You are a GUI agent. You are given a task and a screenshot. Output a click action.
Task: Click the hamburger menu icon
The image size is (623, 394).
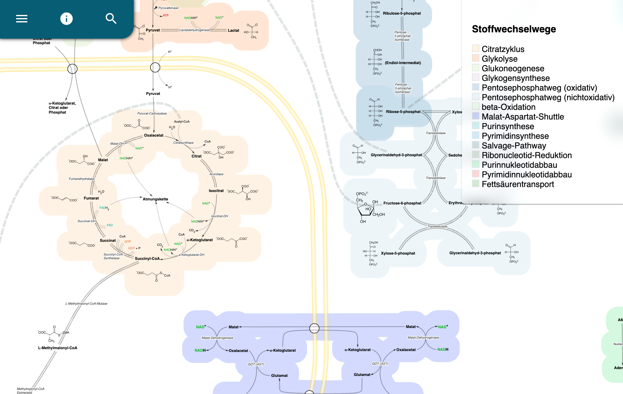tap(22, 19)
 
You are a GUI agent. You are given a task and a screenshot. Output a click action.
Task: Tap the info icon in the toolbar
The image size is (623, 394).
tap(66, 19)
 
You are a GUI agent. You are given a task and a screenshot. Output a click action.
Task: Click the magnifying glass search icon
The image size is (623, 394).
tap(111, 19)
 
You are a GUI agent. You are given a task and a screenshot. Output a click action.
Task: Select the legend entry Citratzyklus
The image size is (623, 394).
tap(503, 49)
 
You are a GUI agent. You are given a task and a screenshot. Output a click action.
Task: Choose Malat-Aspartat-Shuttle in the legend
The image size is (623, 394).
tap(523, 117)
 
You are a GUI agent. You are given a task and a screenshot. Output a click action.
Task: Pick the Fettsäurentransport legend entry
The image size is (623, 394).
tap(518, 184)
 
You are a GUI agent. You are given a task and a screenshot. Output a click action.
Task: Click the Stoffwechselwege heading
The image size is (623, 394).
tap(514, 29)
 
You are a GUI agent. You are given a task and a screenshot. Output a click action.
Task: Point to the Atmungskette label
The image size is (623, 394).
tap(155, 199)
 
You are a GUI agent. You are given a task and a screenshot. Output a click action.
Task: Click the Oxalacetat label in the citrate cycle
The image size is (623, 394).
tap(154, 135)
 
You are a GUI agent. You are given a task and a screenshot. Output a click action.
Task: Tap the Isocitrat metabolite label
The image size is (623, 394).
tap(216, 191)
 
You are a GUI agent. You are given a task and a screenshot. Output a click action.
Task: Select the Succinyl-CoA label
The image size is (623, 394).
tap(147, 259)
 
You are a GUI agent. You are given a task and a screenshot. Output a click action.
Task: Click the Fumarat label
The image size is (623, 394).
tap(91, 198)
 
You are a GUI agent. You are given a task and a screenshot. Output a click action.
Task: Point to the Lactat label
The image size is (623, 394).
tap(233, 30)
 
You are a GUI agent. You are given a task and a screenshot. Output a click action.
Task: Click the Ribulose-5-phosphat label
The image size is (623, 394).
tap(402, 13)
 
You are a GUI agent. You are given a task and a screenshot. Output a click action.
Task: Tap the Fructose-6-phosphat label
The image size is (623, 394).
tap(402, 203)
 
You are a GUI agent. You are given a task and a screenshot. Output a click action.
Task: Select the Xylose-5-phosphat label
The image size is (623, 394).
tap(398, 253)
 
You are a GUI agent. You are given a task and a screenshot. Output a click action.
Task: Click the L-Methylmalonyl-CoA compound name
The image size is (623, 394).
tap(58, 348)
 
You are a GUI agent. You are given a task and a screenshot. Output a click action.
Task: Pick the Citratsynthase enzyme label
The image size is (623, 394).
tap(183, 143)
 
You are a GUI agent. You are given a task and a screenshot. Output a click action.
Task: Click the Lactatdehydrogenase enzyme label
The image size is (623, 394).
tap(195, 30)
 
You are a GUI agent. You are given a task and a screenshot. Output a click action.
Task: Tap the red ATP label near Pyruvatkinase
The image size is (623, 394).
tap(166, 15)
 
